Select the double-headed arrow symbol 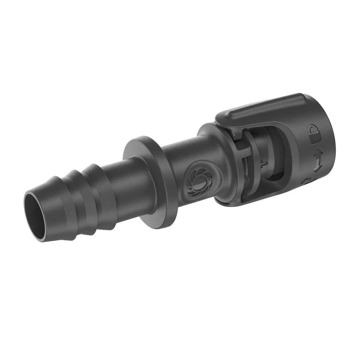[x=317, y=162]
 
